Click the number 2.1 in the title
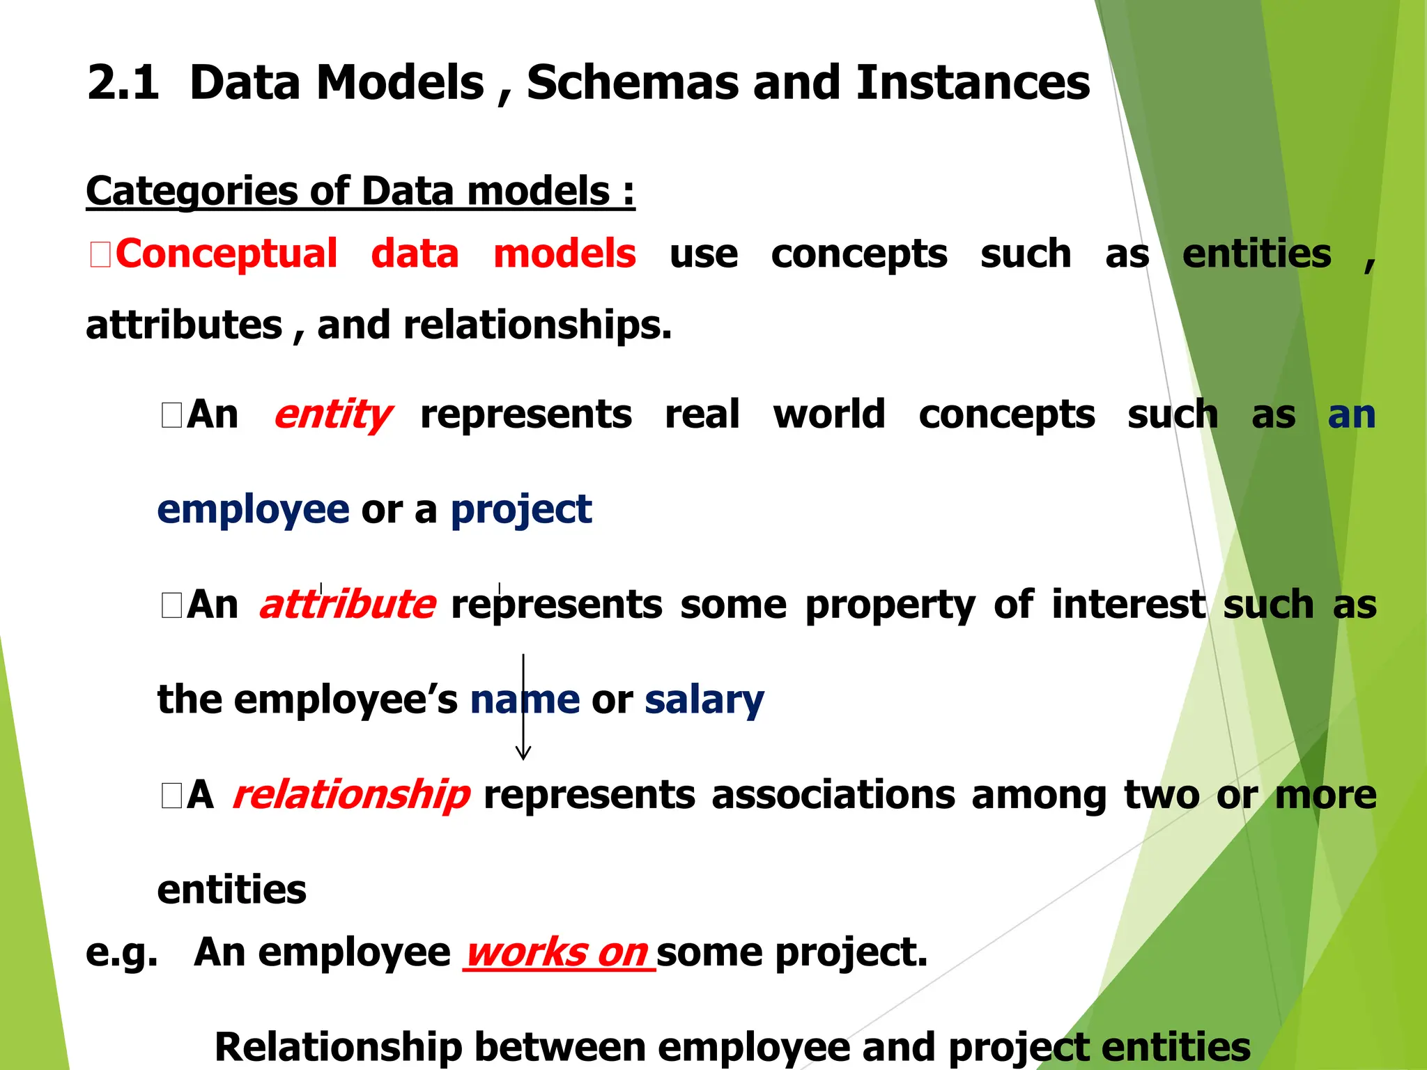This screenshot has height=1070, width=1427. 123,83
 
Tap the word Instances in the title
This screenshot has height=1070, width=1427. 972,83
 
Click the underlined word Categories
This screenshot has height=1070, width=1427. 192,192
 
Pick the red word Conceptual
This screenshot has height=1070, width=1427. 226,254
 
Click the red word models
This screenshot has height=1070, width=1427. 564,254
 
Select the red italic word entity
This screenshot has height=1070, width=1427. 332,415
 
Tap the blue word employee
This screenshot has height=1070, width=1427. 253,511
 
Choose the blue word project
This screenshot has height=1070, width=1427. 521,511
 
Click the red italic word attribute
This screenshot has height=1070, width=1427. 348,604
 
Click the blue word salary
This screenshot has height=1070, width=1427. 704,699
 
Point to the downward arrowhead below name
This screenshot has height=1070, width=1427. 523,753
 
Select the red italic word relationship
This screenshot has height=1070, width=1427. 351,795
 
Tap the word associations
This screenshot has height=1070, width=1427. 833,795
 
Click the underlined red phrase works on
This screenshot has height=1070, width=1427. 557,952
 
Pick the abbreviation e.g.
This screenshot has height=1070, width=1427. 121,952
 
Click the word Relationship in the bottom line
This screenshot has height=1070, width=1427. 338,1047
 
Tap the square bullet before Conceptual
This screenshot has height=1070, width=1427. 100,254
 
